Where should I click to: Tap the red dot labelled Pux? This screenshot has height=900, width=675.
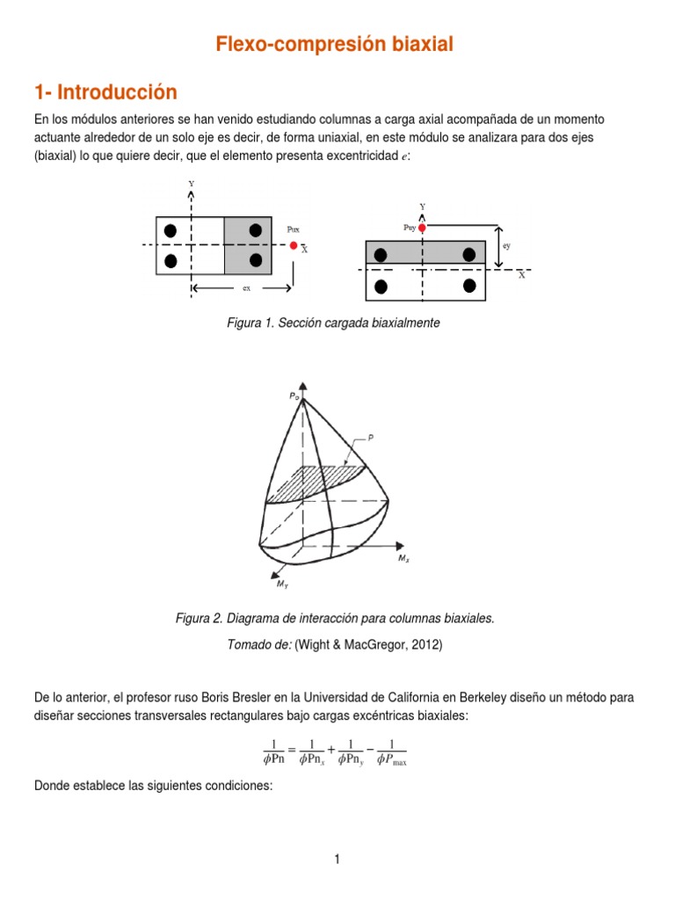[294, 245]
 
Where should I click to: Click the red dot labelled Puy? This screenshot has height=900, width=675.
[423, 228]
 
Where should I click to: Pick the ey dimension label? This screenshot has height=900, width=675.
[506, 247]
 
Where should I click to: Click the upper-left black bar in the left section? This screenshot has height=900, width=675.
[171, 230]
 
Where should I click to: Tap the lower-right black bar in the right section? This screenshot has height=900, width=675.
[469, 286]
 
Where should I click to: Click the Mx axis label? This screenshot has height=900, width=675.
[403, 558]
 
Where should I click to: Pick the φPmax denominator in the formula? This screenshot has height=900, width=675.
[391, 760]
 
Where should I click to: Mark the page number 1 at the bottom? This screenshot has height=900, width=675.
[337, 860]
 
